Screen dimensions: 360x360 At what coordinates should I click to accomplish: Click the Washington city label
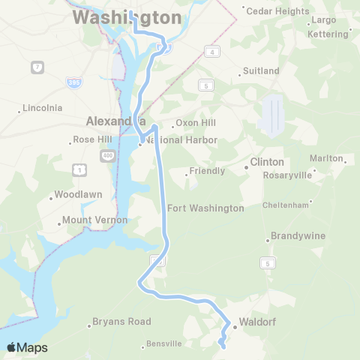[x=127, y=17]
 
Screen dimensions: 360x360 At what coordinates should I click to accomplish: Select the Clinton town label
[x=267, y=162]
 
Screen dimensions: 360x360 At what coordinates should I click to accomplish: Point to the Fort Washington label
[x=205, y=208]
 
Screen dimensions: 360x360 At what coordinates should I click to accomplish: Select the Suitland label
[x=260, y=71]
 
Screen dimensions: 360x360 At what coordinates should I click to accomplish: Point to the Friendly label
[x=207, y=171]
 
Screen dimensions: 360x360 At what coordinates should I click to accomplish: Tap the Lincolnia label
[x=42, y=108]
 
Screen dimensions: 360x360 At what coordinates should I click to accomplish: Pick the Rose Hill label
[x=92, y=139]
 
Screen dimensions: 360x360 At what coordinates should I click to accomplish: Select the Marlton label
[x=325, y=158]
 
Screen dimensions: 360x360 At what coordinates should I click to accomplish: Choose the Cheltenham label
[x=286, y=205]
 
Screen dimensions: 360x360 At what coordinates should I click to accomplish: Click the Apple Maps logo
[x=27, y=347]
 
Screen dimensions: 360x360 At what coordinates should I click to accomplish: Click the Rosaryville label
[x=286, y=175]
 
